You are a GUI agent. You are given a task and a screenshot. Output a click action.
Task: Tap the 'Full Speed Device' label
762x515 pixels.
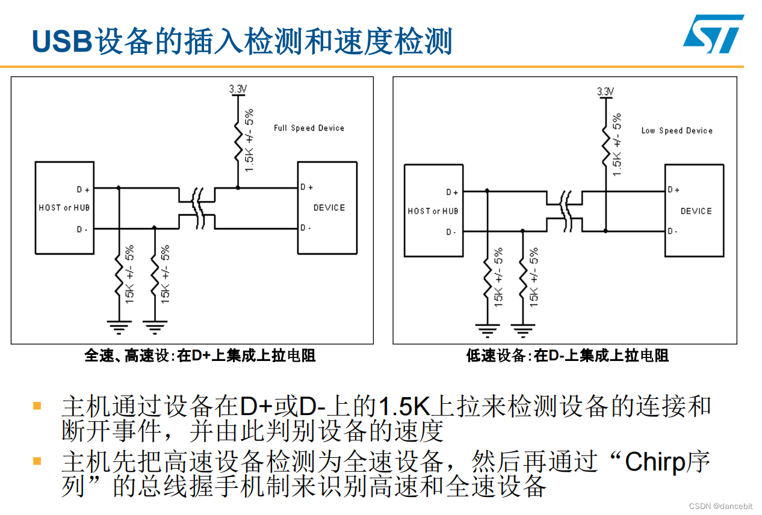tap(309, 128)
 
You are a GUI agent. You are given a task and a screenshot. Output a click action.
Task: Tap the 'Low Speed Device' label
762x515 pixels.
tap(677, 131)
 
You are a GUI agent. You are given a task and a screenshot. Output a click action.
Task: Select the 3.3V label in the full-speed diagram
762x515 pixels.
tap(238, 88)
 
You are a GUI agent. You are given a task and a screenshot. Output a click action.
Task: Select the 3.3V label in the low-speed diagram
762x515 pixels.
tap(605, 91)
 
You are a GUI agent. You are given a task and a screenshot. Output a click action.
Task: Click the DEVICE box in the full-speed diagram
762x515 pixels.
tap(327, 208)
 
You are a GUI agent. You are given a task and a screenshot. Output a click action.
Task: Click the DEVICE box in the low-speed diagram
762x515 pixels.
tap(695, 211)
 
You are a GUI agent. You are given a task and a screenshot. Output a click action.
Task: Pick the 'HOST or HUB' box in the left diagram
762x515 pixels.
tap(64, 208)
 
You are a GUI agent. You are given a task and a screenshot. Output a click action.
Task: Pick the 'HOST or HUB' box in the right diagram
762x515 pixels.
tap(433, 211)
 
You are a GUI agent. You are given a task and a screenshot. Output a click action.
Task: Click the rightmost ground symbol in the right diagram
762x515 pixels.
tap(522, 329)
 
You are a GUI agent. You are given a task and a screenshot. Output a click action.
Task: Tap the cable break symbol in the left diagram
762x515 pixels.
tap(197, 208)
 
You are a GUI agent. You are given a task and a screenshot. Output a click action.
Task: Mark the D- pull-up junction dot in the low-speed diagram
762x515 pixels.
tap(605, 230)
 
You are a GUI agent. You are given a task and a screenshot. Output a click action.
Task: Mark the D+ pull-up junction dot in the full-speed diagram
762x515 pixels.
tap(238, 188)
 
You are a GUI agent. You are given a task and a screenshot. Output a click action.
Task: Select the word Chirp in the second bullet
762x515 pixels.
tap(655, 462)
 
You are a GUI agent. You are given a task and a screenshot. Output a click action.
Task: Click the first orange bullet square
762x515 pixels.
tap(37, 406)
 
